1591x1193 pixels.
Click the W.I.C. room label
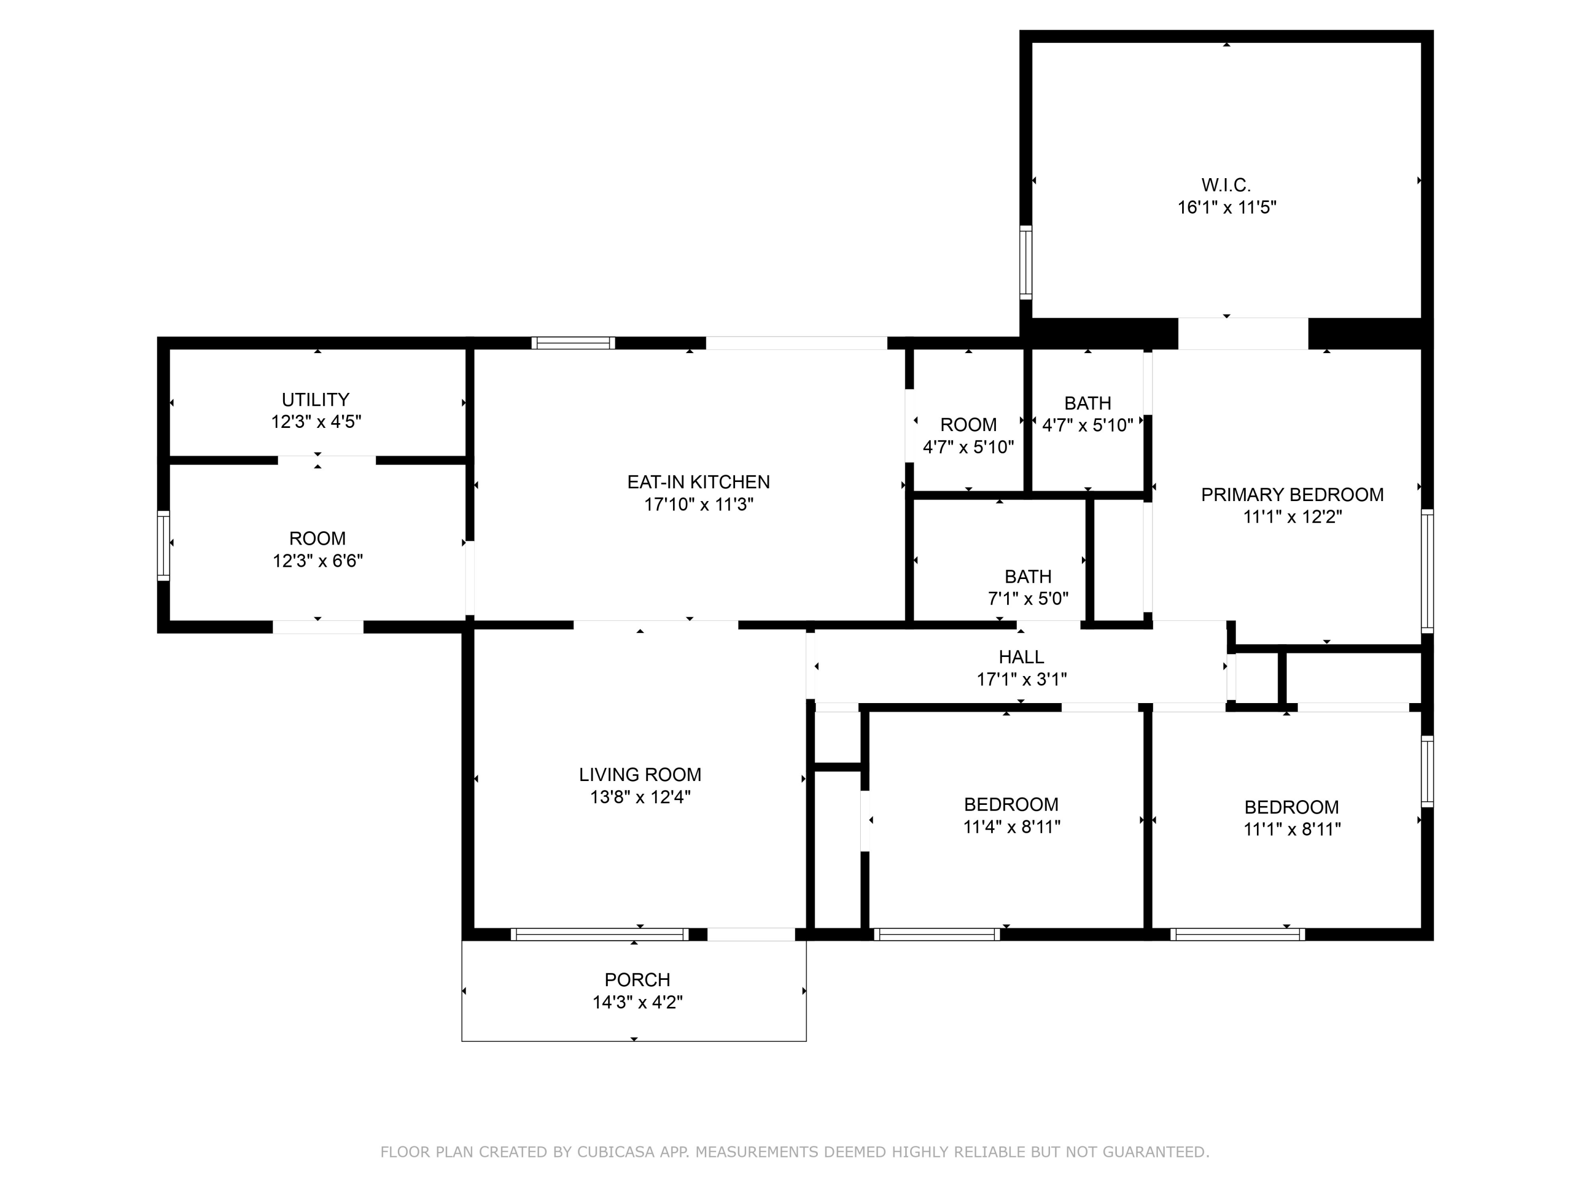[1226, 186]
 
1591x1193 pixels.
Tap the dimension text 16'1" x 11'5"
[1226, 208]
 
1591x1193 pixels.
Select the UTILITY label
[315, 399]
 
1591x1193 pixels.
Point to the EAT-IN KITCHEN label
[698, 482]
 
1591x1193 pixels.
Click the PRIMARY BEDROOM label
[1292, 495]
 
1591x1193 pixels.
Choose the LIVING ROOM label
[640, 775]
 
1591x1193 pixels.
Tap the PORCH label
[637, 979]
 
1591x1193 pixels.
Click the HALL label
[1021, 656]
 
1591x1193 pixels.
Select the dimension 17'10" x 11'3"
[698, 504]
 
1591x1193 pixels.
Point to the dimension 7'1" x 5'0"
[1028, 598]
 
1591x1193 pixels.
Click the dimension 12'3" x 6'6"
[317, 561]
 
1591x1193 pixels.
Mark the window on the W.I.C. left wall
[1026, 262]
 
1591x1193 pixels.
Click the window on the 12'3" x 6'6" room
[163, 546]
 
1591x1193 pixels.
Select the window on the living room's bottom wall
[600, 934]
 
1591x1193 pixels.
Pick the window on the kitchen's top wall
[573, 343]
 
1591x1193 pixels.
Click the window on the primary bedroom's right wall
[1427, 571]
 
